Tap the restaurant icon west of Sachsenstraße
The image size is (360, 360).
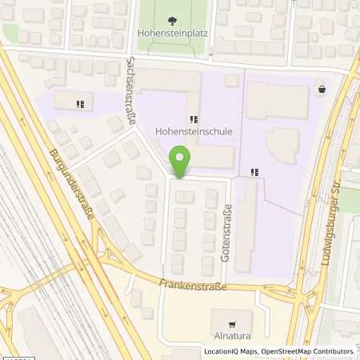pyautogui.click(x=80, y=104)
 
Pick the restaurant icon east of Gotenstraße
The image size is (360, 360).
pyautogui.click(x=255, y=171)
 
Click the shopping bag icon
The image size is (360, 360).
pyautogui.click(x=321, y=90)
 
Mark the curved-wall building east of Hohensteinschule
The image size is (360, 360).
pyautogui.click(x=281, y=142)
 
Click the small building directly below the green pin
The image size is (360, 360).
pyautogui.click(x=184, y=196)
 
